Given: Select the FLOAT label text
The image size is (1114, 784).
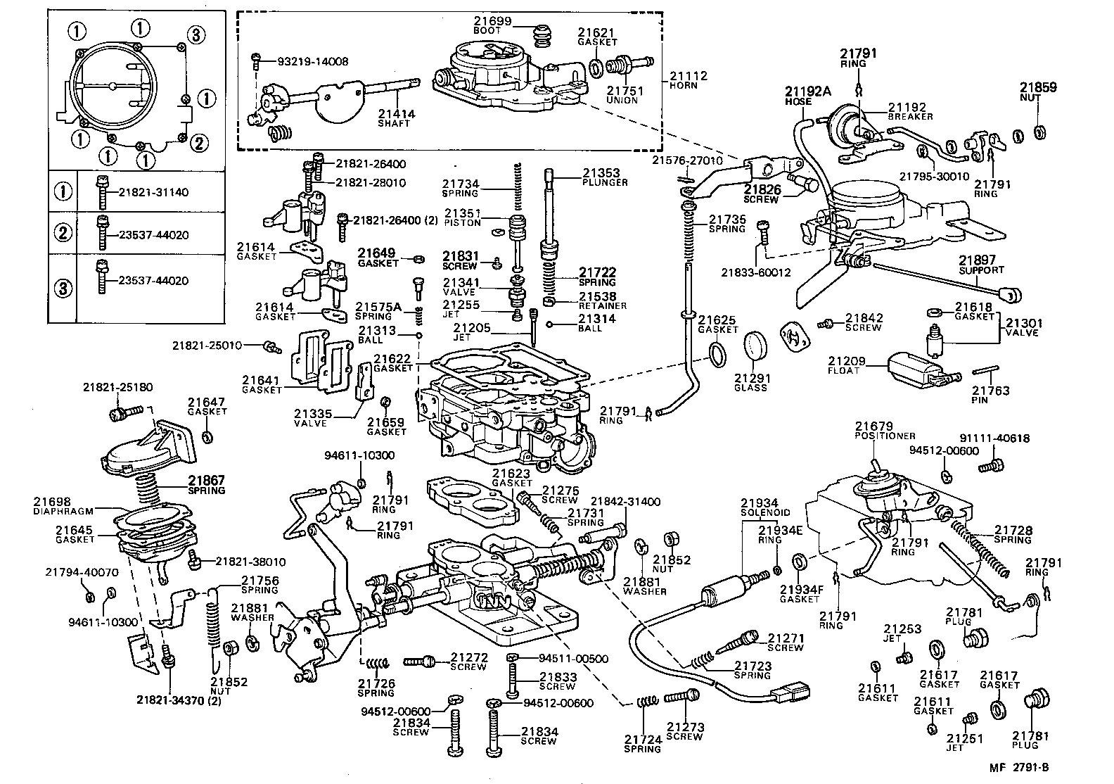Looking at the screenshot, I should tap(843, 371).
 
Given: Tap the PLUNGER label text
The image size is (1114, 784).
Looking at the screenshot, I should tap(605, 183).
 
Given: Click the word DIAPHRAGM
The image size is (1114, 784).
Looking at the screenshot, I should tap(63, 511).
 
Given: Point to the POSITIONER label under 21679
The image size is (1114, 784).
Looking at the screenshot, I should tap(885, 436).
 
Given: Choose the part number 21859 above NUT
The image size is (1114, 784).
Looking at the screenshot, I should tap(1038, 88).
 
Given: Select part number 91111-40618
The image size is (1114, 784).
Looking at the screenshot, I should tap(994, 438).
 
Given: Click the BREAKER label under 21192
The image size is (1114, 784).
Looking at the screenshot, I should tap(910, 117).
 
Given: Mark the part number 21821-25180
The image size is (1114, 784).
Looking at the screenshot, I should tap(117, 388).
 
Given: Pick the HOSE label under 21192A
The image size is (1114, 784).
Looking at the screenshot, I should tap(798, 101).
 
